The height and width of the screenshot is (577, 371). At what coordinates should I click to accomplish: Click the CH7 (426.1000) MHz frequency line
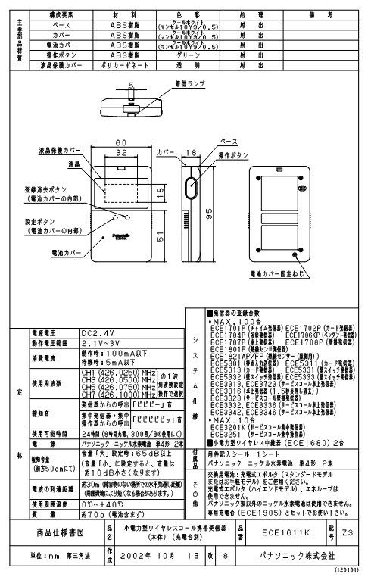click(x=118, y=394)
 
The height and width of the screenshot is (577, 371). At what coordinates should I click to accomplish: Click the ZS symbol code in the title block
click(x=348, y=532)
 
